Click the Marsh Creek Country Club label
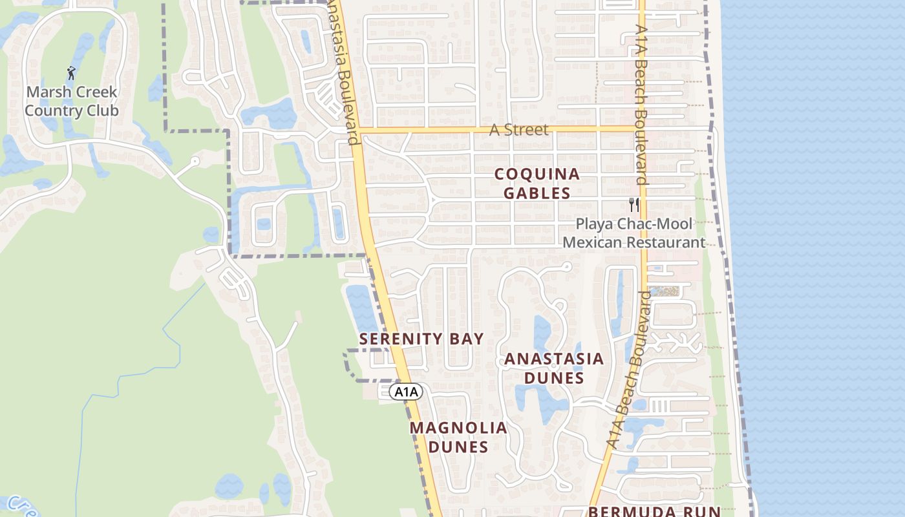tap(71, 101)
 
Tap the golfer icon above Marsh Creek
tap(71, 73)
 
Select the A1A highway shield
tap(406, 392)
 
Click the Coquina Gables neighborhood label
tap(537, 184)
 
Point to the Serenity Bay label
tap(421, 339)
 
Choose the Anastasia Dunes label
tap(554, 368)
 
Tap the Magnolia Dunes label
tap(458, 437)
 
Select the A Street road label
tap(518, 130)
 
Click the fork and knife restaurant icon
tap(634, 205)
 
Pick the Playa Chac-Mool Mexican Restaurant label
tap(634, 233)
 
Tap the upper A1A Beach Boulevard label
tap(641, 103)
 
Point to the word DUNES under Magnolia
tap(458, 447)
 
